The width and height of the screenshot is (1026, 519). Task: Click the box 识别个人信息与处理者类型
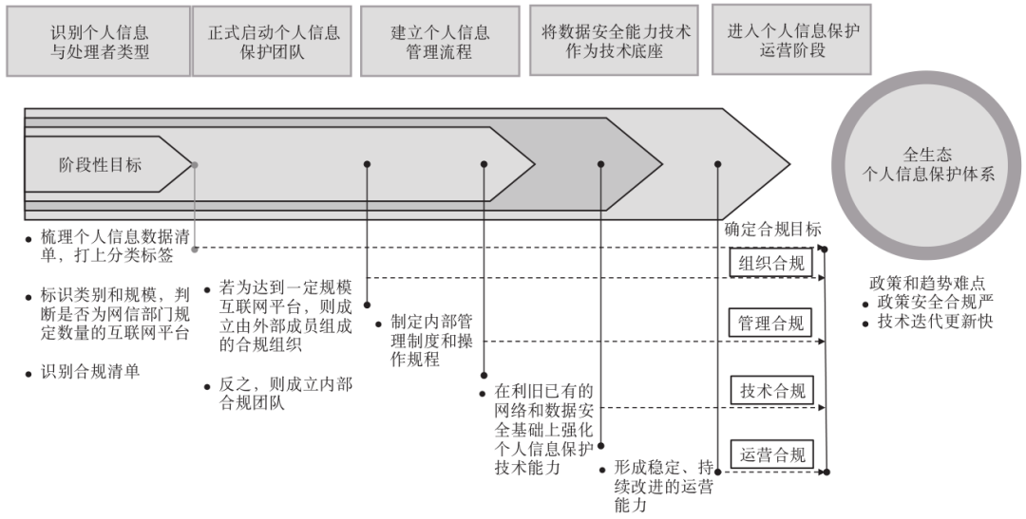[99, 42]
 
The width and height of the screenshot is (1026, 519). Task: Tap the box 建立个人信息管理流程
[441, 42]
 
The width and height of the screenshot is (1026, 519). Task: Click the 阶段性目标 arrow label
[99, 165]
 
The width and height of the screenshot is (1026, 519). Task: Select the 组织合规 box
[771, 264]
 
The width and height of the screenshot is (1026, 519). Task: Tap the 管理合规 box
[771, 324]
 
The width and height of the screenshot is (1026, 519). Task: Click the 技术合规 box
[771, 391]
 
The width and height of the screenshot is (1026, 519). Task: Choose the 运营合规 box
[771, 454]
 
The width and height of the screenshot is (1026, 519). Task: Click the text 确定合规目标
[772, 230]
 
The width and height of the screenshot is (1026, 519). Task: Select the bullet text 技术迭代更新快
[934, 324]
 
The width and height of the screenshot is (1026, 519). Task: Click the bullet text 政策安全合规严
[934, 304]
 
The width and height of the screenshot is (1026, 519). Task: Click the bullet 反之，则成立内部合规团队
[286, 395]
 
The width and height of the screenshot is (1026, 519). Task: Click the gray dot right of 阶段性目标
[195, 165]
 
